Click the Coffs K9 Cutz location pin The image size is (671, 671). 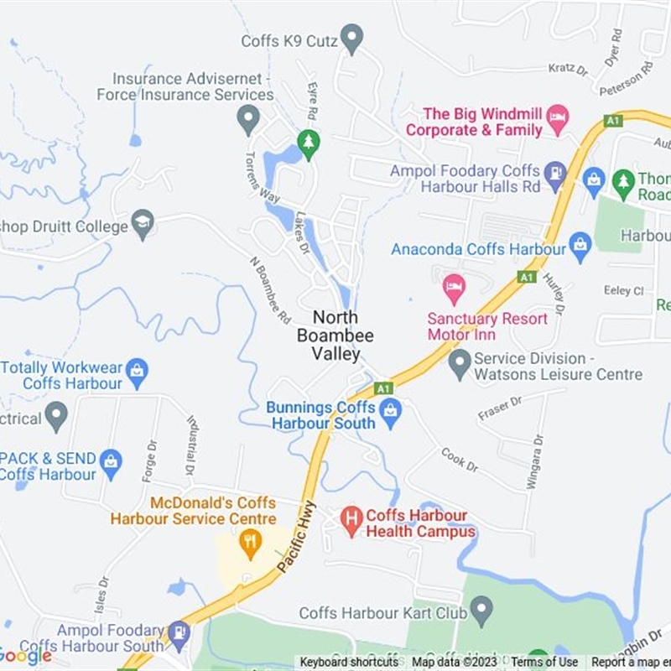(353, 38)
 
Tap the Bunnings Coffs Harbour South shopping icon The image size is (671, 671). (389, 411)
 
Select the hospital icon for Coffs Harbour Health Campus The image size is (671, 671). (352, 520)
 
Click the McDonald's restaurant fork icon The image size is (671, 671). (249, 544)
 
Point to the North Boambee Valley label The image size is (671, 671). (335, 335)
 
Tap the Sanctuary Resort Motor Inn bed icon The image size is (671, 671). (454, 289)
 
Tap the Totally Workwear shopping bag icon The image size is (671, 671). (137, 370)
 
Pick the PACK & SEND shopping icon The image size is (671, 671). (110, 460)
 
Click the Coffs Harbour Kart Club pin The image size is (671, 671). (481, 610)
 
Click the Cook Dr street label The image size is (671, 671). (460, 460)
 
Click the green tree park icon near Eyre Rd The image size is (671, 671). (309, 143)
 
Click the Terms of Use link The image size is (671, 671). (544, 663)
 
